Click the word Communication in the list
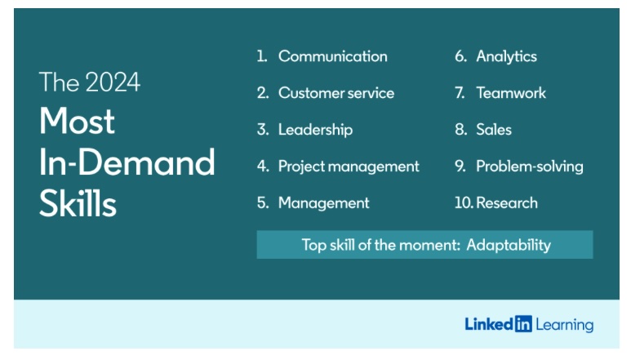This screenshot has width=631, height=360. pos(333,56)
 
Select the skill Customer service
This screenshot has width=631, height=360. pos(336,93)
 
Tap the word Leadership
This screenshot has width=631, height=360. pos(315,130)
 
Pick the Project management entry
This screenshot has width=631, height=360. pos(349,167)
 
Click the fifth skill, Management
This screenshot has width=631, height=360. pos(323,203)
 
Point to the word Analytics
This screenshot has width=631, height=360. pos(506,56)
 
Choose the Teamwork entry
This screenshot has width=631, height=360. pos(511,93)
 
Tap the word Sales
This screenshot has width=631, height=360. pos(494,130)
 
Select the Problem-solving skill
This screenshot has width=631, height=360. pos(530,167)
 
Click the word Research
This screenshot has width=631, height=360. pos(507,202)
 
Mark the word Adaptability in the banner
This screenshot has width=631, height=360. pos(509,245)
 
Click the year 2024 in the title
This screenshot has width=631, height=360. pos(113,82)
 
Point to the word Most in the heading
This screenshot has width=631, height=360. pos(77,121)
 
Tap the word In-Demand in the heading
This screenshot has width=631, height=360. pos(127,162)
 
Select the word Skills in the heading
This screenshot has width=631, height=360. pos(78,203)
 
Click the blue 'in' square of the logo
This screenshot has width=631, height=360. pos(523,324)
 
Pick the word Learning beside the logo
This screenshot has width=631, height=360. pos(565,325)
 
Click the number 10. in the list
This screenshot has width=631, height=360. pos(464,202)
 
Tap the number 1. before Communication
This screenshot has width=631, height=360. pos(262,56)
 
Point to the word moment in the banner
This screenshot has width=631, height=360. pos(416,245)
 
